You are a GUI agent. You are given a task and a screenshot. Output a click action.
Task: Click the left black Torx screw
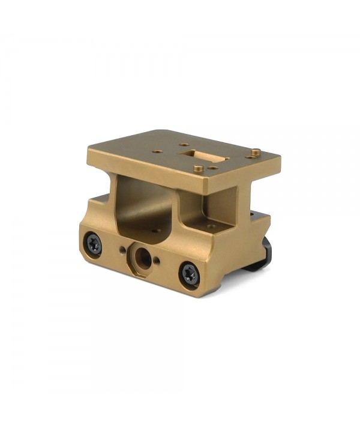click(x=94, y=243)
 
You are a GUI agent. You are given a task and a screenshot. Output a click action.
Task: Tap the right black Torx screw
click(x=190, y=274)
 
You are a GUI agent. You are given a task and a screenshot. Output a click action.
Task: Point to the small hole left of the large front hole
click(x=123, y=249)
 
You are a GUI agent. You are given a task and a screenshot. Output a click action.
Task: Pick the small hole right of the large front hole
click(x=157, y=261)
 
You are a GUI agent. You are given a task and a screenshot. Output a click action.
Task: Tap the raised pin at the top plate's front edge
click(x=199, y=169)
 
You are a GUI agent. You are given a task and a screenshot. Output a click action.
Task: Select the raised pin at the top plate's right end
click(x=255, y=152)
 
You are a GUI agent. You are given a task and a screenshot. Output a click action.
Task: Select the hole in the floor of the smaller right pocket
click(x=211, y=226)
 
